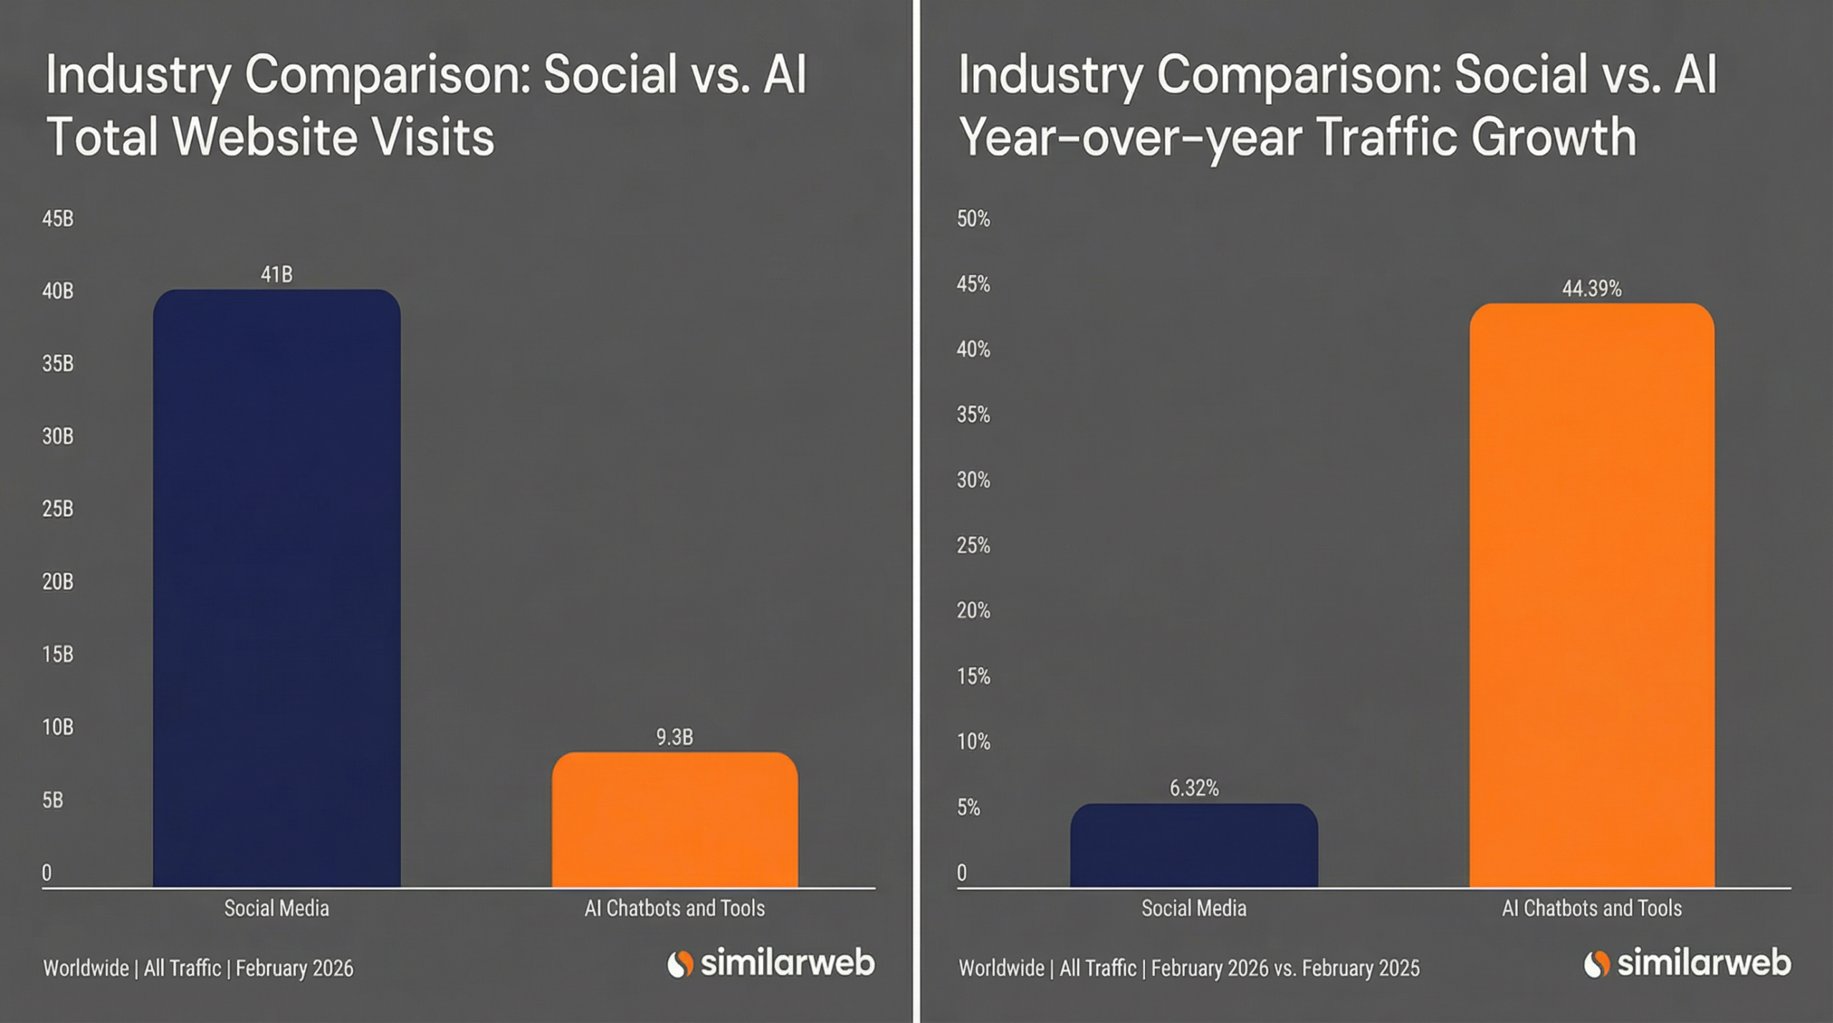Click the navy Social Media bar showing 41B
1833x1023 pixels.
coord(276,587)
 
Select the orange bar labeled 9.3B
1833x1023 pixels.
coord(674,820)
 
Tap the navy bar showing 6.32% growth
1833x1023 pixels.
coord(1194,845)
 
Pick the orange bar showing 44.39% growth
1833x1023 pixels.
coord(1592,594)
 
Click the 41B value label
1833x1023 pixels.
coord(276,274)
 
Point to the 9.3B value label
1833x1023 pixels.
coord(674,737)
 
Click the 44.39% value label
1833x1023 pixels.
coord(1592,289)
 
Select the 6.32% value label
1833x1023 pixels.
coord(1194,788)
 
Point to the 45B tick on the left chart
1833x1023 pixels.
coord(57,218)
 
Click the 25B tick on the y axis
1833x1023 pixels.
coord(57,509)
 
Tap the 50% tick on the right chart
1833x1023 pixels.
coord(973,218)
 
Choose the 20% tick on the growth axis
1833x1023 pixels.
coord(973,611)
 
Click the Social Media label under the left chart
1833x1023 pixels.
coord(276,908)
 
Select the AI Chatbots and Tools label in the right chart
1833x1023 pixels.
coord(1591,908)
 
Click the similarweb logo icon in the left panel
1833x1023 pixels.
coord(680,964)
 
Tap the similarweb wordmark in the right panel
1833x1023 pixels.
coord(1704,963)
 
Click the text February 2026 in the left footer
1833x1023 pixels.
coord(294,968)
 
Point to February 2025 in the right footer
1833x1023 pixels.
coord(1360,968)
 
